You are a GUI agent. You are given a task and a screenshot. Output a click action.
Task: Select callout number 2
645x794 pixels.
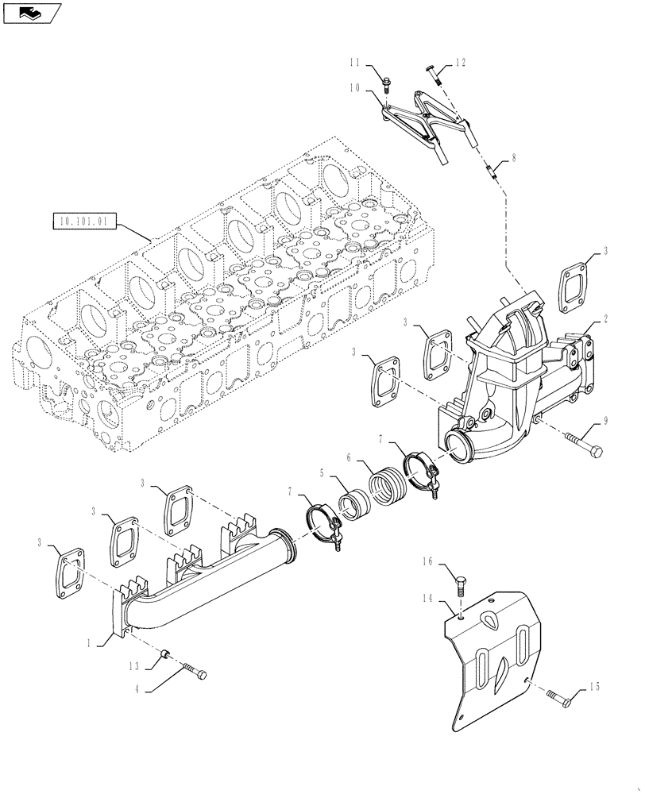point(606,319)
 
